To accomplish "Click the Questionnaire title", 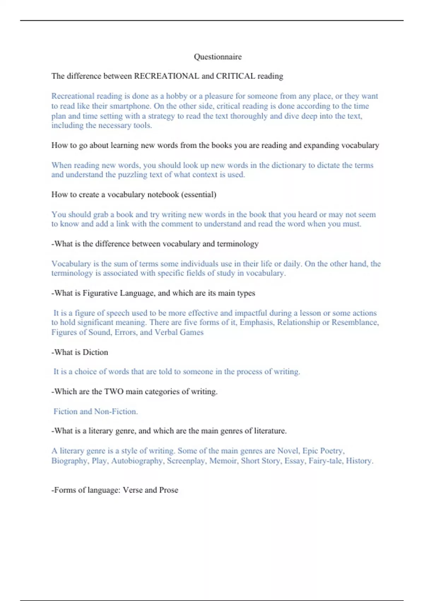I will pos(218,57).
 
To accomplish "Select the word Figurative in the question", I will pos(100,293).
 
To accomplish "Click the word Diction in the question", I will pos(95,352).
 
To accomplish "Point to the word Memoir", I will pos(223,461).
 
